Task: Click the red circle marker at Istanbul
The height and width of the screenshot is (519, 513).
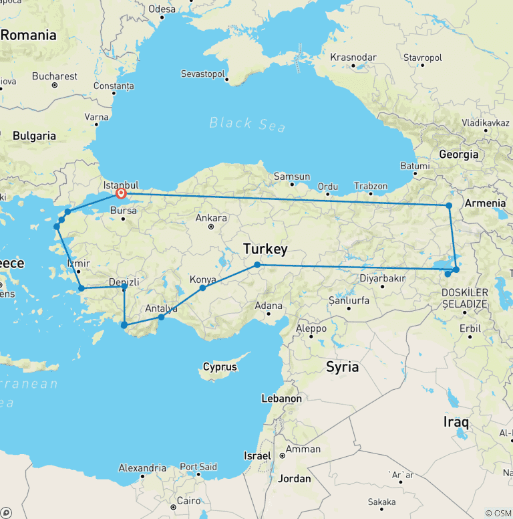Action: click(121, 194)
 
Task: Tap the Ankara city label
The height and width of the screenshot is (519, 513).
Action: click(211, 218)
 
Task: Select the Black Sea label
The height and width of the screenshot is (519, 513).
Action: click(247, 124)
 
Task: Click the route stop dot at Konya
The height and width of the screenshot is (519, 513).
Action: click(202, 288)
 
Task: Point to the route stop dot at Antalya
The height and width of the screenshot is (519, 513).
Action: click(161, 317)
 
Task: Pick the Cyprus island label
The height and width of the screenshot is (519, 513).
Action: click(220, 367)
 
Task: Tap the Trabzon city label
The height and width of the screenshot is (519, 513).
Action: click(371, 186)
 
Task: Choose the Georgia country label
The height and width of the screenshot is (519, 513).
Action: click(458, 154)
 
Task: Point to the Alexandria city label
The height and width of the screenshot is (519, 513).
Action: click(142, 468)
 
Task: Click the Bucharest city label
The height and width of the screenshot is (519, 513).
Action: click(55, 76)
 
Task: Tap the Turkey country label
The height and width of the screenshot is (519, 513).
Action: click(265, 249)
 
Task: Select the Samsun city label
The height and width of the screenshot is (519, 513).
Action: click(292, 177)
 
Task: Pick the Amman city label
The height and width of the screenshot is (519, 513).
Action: click(303, 449)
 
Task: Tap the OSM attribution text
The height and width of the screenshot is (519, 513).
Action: click(498, 513)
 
